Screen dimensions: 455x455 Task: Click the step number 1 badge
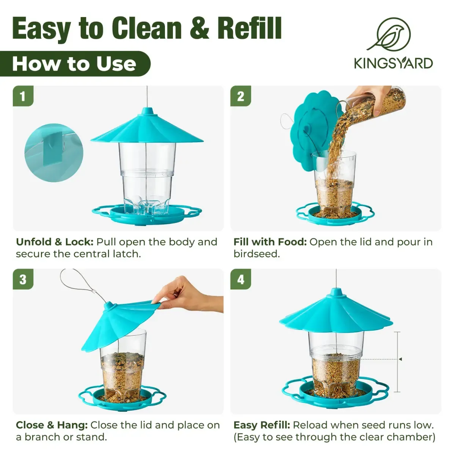(x=23, y=96)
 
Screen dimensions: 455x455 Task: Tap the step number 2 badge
(x=241, y=96)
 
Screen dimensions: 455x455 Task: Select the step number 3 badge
(x=23, y=279)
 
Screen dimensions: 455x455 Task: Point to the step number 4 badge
(x=241, y=279)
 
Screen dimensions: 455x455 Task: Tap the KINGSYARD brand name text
(x=393, y=64)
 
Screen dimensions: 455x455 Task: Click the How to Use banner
(x=75, y=64)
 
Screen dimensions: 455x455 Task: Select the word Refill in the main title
(x=249, y=28)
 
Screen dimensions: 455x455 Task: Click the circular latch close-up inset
(x=54, y=153)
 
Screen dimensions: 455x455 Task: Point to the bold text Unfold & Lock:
(x=55, y=242)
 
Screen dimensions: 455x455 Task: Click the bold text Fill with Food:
(x=270, y=242)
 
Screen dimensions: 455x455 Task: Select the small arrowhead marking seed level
(x=400, y=359)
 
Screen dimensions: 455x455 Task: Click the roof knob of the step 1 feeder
(x=147, y=111)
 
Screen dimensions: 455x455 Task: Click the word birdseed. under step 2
(x=257, y=254)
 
